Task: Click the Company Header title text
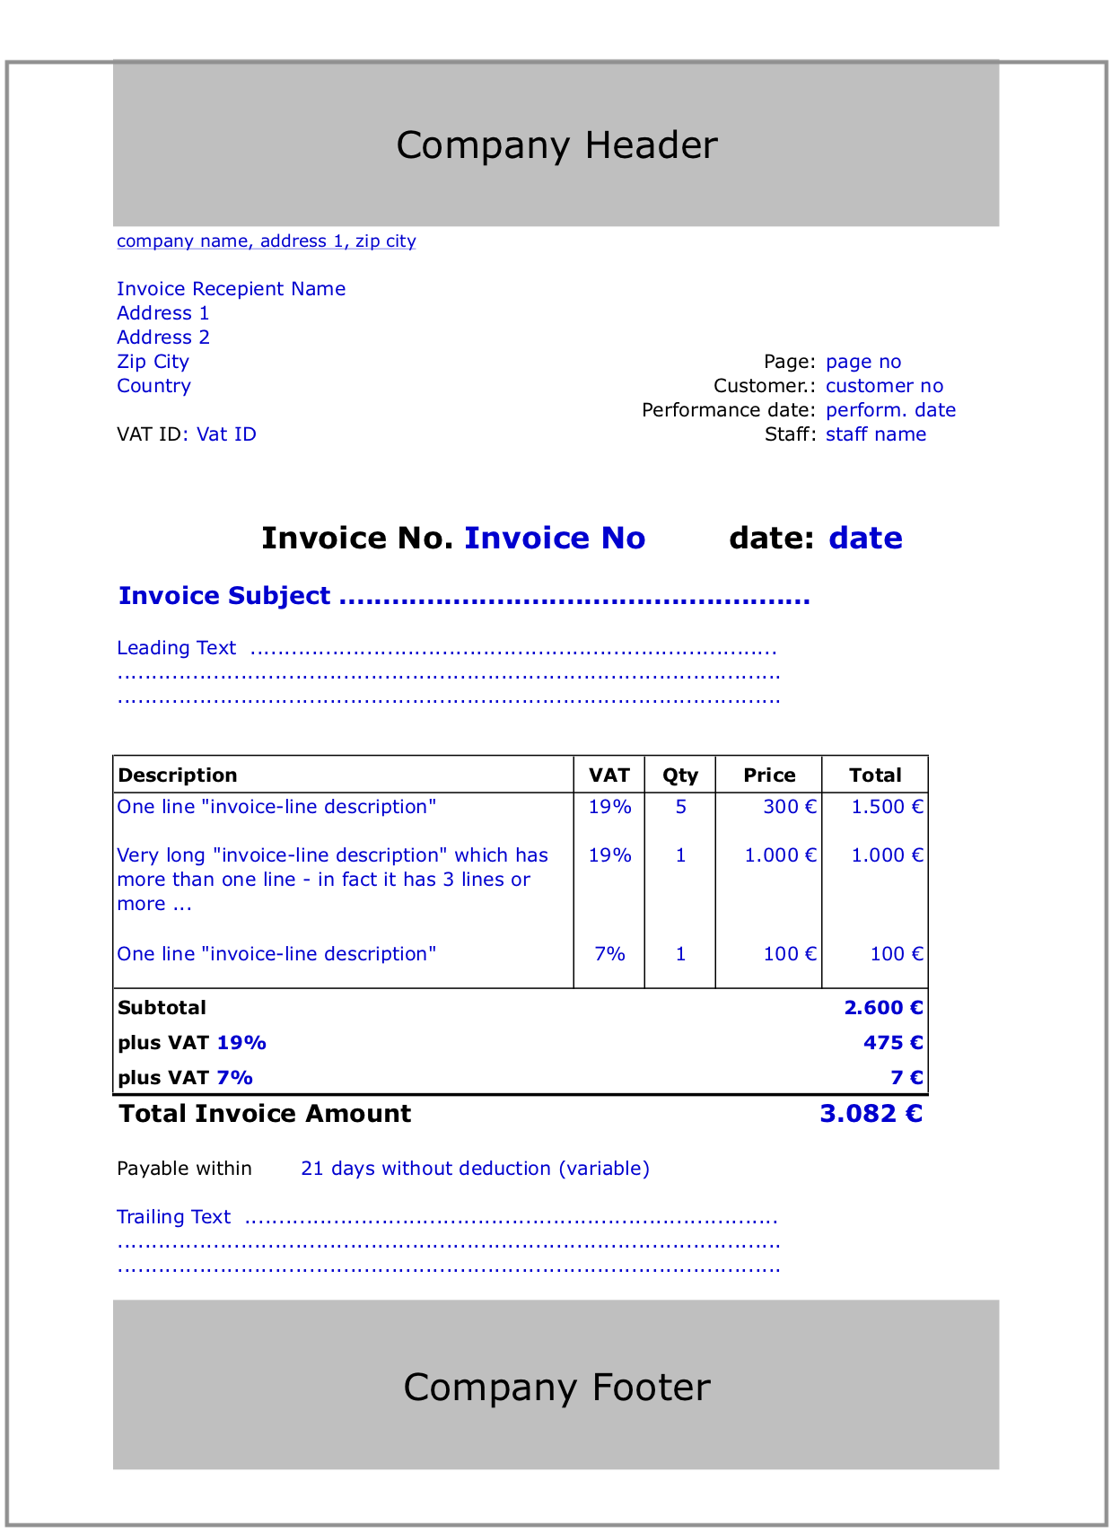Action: point(556,145)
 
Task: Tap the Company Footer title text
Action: point(556,1388)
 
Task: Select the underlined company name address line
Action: point(267,241)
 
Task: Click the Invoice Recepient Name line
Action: point(231,289)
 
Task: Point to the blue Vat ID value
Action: point(226,434)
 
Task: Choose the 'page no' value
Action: point(863,362)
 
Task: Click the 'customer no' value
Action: point(884,386)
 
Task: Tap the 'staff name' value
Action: point(876,434)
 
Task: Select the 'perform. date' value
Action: point(890,410)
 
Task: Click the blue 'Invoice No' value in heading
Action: point(555,538)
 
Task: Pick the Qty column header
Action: point(680,775)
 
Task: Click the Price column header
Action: point(769,775)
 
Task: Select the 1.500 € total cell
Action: point(887,807)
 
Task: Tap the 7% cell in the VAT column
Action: point(609,954)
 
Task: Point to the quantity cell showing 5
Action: point(681,807)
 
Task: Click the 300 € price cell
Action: point(790,807)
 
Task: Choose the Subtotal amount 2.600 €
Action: point(883,1008)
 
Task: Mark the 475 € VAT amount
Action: point(893,1043)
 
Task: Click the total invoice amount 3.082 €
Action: point(871,1114)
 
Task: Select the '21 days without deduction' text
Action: point(475,1169)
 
